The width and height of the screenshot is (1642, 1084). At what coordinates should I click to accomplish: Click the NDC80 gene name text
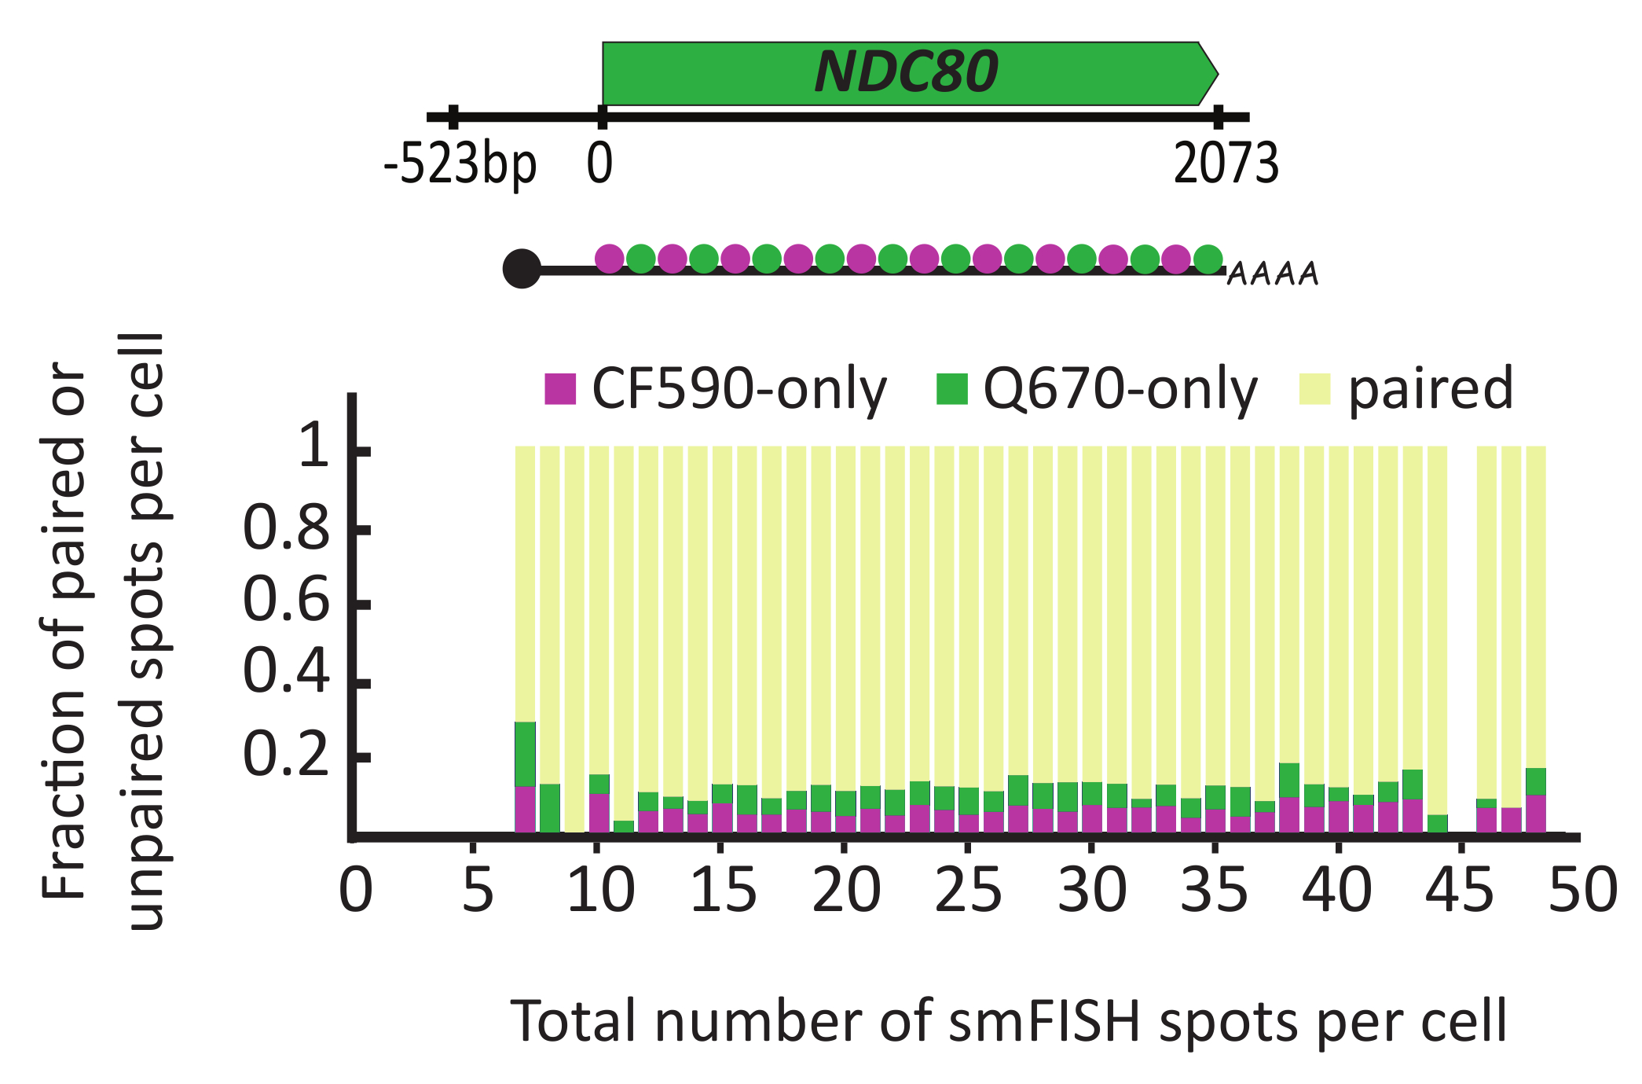[906, 72]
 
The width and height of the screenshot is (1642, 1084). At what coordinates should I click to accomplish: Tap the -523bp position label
[460, 165]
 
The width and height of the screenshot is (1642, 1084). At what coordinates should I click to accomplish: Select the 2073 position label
[1226, 165]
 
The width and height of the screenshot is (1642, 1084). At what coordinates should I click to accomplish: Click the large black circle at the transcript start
[522, 269]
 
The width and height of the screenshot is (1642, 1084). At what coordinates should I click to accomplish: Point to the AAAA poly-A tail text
[1273, 274]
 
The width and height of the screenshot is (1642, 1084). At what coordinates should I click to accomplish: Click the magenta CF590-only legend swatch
[560, 388]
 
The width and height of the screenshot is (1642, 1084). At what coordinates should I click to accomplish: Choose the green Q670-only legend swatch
[951, 388]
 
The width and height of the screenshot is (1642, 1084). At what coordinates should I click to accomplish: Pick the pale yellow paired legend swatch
[1314, 388]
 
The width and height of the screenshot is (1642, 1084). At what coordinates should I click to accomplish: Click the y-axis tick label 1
[316, 446]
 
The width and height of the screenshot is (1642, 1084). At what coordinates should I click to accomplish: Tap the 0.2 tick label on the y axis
[286, 755]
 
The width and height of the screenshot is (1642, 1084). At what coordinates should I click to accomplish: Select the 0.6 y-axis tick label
[286, 601]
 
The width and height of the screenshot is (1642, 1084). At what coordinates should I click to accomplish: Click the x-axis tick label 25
[968, 891]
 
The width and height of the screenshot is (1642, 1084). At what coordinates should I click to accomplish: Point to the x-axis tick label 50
[1582, 891]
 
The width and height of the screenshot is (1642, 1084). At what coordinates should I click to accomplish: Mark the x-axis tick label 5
[477, 891]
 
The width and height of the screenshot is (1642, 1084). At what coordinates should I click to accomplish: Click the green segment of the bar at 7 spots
[525, 754]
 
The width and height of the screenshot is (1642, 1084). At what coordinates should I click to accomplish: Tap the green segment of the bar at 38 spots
[1289, 780]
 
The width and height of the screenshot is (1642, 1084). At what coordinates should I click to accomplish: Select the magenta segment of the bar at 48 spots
[1536, 814]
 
